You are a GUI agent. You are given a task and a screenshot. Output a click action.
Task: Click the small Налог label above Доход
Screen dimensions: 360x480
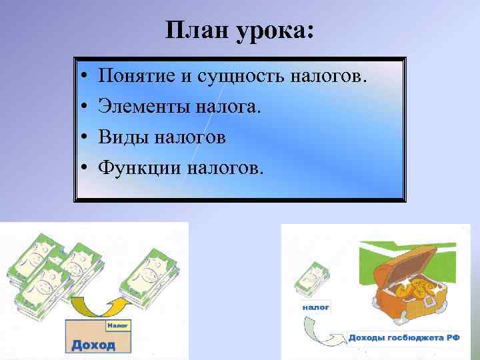click(117, 325)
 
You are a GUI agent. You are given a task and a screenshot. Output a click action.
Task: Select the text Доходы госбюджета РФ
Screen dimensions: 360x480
click(403, 337)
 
